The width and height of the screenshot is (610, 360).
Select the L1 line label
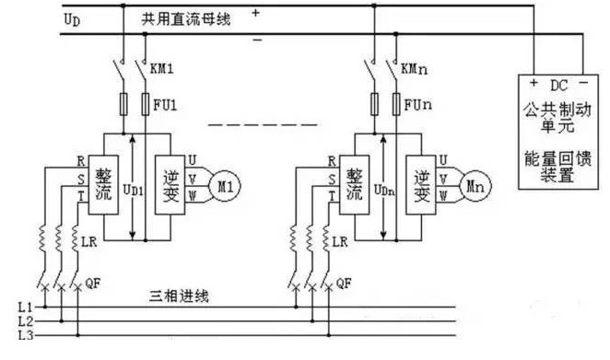point(26,305)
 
